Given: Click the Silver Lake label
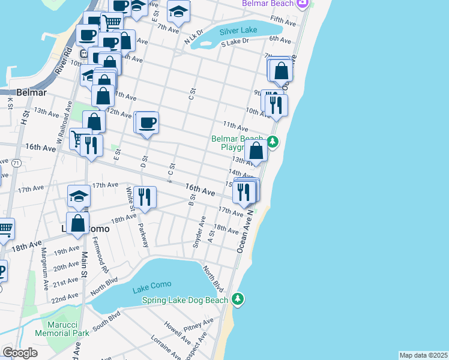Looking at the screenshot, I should point(238,31).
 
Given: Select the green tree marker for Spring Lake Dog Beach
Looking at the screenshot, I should point(238,299).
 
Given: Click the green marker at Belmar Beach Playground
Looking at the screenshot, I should point(273,142).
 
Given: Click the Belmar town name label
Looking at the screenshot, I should point(32,93).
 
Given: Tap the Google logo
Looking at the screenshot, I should point(20,353).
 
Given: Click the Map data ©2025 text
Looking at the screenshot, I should point(423,355).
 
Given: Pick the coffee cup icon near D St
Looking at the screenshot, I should point(148,123).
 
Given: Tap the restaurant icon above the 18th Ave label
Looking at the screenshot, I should point(145,196).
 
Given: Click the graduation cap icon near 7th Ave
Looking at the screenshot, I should point(178,11).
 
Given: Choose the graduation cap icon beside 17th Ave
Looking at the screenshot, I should point(79,196).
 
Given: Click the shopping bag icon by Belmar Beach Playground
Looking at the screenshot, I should point(256,150).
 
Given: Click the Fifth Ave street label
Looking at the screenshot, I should point(283,21).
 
